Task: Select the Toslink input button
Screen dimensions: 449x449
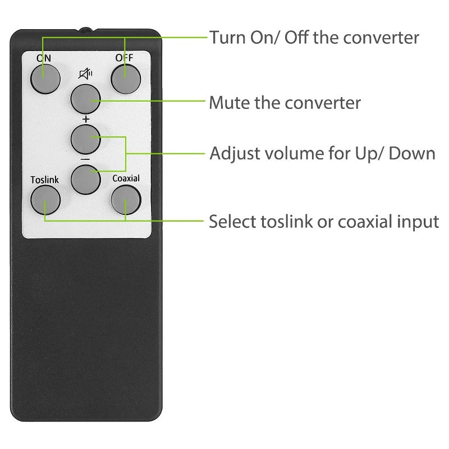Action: click(45, 199)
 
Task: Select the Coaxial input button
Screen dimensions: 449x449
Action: click(125, 199)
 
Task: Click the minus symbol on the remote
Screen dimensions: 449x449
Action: click(85, 159)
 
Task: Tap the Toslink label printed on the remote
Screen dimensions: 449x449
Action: click(44, 180)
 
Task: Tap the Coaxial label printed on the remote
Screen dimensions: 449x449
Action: click(125, 180)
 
